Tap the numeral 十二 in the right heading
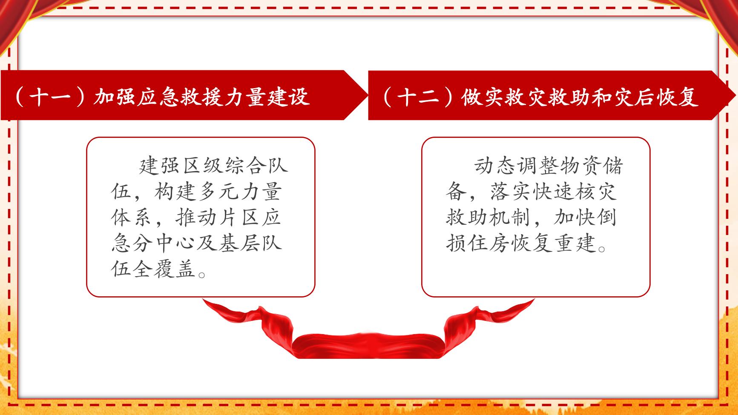pos(417,97)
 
